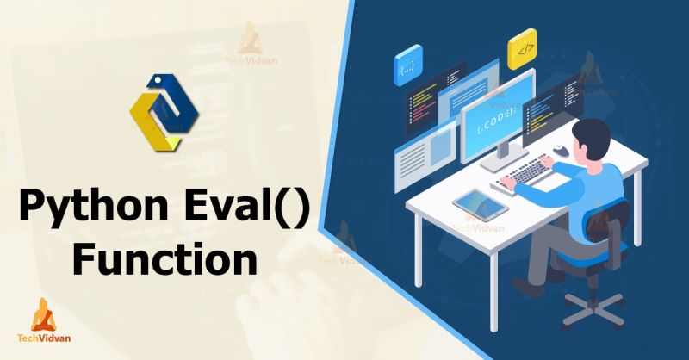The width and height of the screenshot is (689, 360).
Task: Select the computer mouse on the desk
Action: tap(560, 152)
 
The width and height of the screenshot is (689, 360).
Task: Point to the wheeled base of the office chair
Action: tap(593, 304)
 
